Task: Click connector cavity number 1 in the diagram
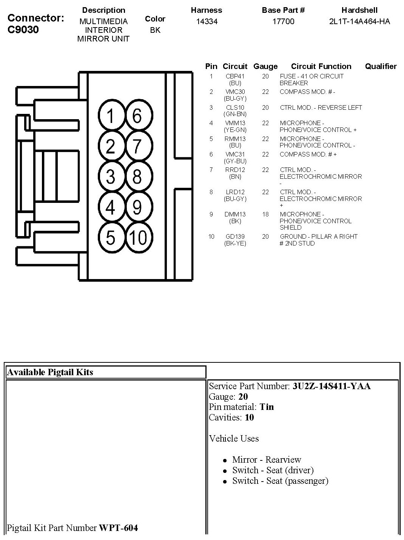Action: (111, 115)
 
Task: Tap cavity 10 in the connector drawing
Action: (138, 238)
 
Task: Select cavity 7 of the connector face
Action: (138, 146)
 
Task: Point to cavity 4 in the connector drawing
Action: (111, 207)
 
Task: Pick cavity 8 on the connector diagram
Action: (138, 176)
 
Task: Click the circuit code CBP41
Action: (235, 76)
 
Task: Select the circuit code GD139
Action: (235, 236)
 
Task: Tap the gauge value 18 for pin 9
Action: (265, 214)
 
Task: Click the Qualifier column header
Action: (381, 66)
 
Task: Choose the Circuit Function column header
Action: (321, 66)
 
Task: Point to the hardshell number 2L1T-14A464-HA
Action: (359, 21)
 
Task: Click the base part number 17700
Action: (283, 21)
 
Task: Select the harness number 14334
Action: (207, 21)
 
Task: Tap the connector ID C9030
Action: (23, 30)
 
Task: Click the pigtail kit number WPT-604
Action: (118, 528)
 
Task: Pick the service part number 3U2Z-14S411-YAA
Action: (332, 386)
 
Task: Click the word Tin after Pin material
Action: (267, 407)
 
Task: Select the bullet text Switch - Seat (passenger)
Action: (280, 481)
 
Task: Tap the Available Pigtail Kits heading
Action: (50, 372)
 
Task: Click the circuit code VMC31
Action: (235, 154)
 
